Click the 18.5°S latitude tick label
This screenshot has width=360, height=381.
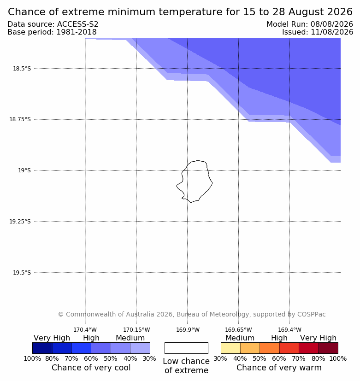tap(22, 69)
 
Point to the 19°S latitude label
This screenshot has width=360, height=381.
tap(24, 170)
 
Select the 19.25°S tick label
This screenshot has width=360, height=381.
tap(20, 222)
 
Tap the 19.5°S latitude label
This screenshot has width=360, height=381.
tap(22, 273)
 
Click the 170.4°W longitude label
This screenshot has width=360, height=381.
tap(85, 330)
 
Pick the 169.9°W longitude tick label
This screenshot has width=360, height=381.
tap(188, 330)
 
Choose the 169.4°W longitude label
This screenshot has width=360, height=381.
tap(290, 330)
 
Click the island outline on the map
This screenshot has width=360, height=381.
tap(212, 182)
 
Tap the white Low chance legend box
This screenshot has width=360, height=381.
tap(186, 348)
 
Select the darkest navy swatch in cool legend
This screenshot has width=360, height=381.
tap(42, 348)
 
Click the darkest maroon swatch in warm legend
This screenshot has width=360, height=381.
tap(328, 348)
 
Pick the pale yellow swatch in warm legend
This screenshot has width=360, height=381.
tap(230, 348)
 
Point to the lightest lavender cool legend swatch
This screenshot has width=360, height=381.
tap(140, 348)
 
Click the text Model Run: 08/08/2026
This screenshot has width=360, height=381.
tap(310, 24)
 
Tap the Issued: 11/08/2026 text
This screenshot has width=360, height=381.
tap(318, 32)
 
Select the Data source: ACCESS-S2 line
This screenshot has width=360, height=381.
tap(53, 24)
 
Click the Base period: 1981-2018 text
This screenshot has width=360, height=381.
tap(52, 32)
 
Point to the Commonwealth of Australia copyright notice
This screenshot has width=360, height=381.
tap(192, 314)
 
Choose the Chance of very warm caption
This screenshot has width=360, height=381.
tap(279, 368)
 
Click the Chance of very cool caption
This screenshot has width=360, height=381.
tap(91, 368)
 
